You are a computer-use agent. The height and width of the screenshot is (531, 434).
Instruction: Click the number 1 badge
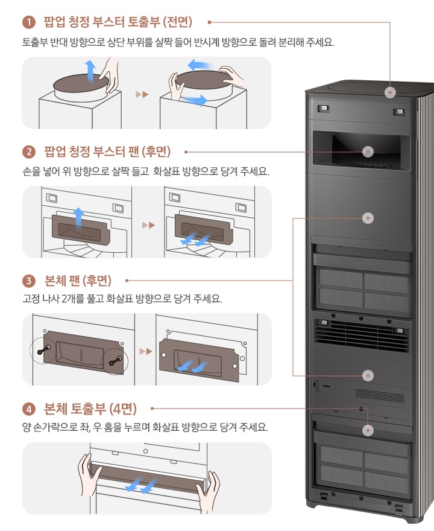[28, 23]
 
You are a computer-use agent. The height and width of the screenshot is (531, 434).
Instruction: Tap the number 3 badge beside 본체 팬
[28, 281]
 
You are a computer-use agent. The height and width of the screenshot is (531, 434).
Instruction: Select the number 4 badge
[28, 409]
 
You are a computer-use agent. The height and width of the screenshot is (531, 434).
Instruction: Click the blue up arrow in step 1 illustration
[90, 70]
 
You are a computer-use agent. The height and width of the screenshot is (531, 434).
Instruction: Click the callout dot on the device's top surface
[391, 92]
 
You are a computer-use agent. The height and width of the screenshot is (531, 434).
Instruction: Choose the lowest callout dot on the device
[368, 430]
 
